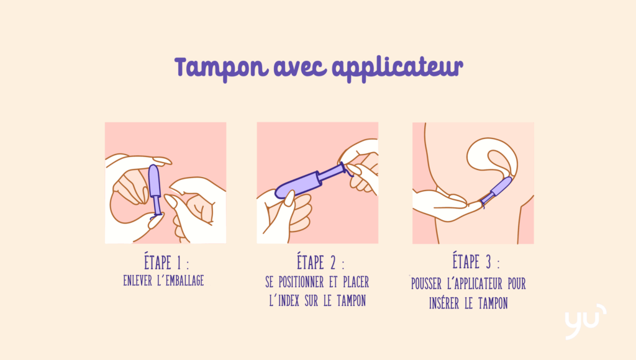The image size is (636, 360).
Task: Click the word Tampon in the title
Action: pos(222,68)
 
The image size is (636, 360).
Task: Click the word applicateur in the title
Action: pos(397,68)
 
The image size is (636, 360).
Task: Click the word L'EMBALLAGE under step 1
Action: pos(181,281)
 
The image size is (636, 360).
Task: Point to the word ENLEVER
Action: pos(137,281)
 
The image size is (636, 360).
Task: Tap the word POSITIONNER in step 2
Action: pos(301,282)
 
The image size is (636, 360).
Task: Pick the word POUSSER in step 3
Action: pos(426,284)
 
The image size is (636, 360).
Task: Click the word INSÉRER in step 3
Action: pos(444,304)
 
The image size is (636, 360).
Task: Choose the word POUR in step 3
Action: pos(517,284)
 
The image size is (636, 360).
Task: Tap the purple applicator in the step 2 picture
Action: pos(311,181)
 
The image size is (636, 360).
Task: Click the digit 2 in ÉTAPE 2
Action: pos(333,263)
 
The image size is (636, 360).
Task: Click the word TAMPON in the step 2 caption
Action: pos(352,301)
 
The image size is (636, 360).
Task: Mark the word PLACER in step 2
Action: pos(356,282)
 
